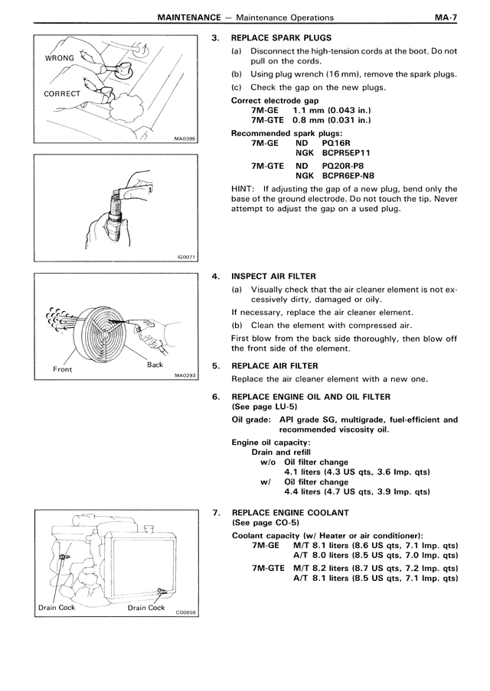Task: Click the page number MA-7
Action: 444,17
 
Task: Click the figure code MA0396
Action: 185,140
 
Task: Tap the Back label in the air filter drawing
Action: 155,365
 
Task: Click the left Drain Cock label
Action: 57,608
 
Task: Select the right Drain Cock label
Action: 146,608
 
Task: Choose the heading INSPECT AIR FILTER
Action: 273,276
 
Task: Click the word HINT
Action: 244,189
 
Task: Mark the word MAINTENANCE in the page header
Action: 182,17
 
